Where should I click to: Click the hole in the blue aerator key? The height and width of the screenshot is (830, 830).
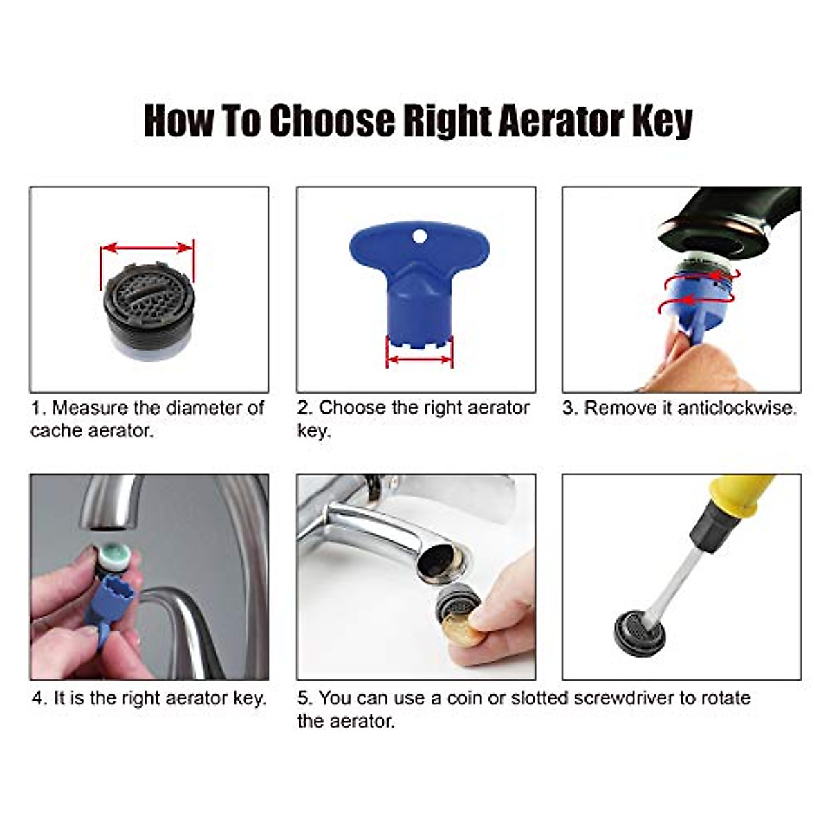[418, 237]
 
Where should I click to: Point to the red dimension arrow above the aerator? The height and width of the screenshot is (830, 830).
[147, 248]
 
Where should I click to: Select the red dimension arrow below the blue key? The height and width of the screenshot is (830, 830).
[419, 358]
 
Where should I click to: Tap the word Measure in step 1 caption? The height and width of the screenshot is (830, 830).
[90, 408]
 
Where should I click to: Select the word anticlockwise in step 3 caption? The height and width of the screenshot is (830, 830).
[737, 408]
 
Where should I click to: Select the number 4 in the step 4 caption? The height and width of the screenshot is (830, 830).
[37, 698]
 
